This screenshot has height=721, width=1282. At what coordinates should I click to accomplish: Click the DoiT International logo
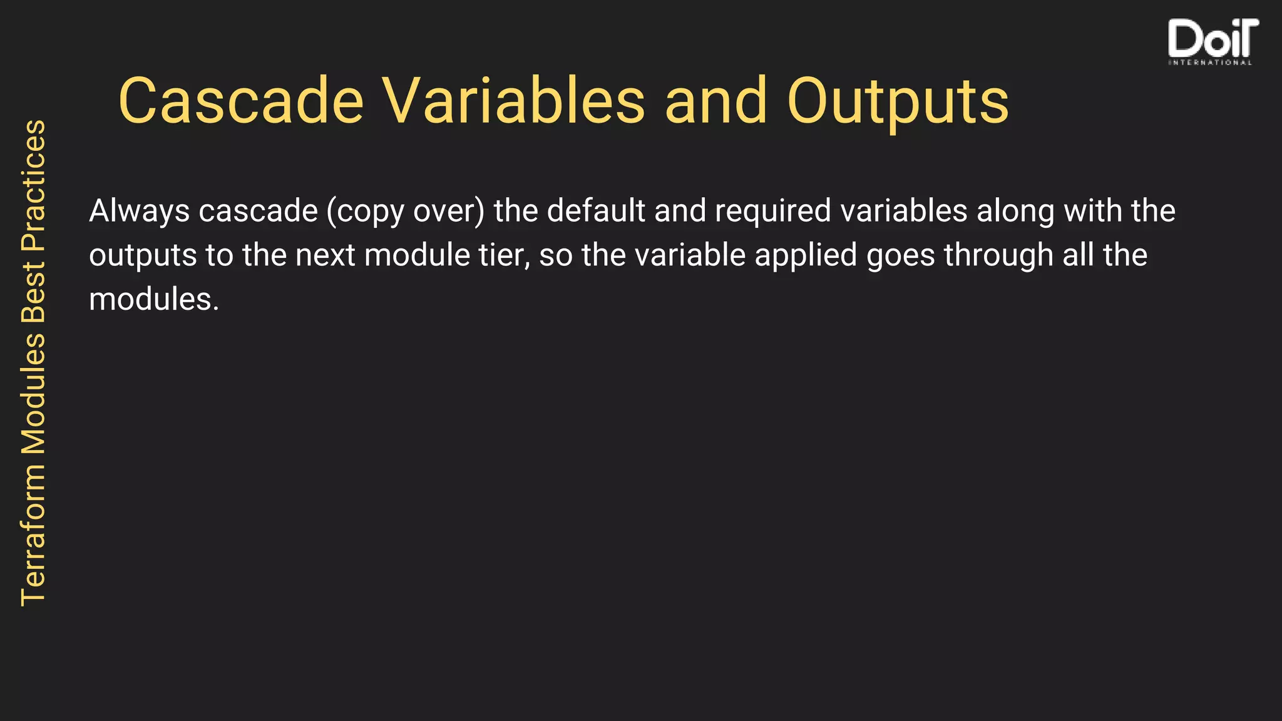click(x=1212, y=41)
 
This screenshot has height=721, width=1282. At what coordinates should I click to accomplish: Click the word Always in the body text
click(x=139, y=212)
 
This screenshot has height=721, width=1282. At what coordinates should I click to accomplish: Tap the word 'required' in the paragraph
click(x=773, y=212)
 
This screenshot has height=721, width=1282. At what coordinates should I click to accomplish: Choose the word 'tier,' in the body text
click(x=505, y=256)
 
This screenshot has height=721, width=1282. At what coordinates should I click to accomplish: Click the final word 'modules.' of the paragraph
click(x=154, y=300)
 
